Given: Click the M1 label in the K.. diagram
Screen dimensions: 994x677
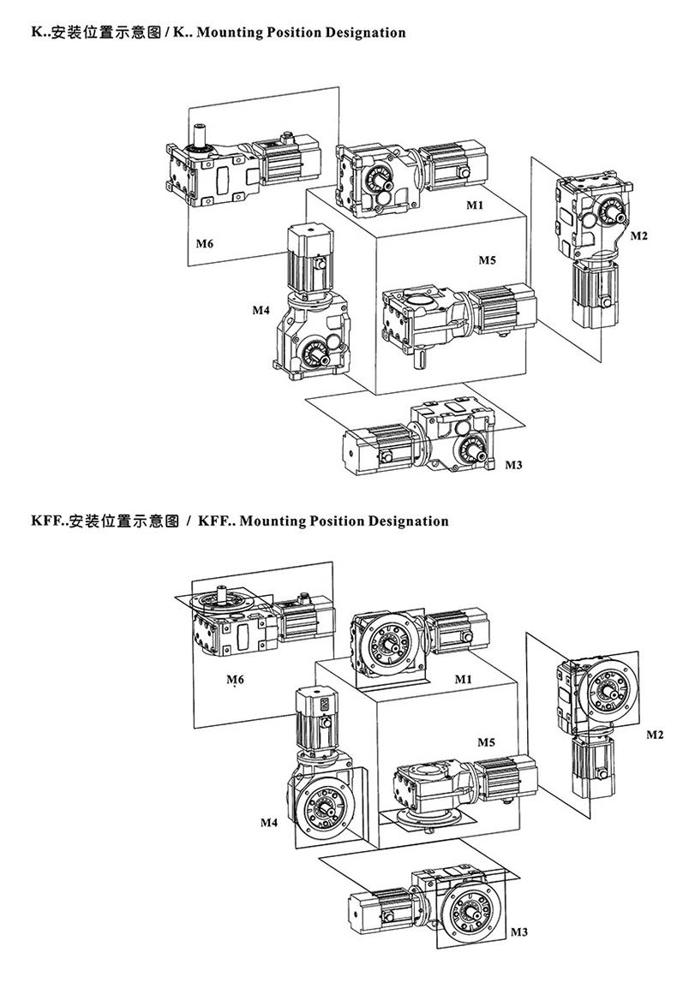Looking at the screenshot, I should tap(475, 205).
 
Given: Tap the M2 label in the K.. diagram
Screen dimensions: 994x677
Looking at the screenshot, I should tap(639, 235).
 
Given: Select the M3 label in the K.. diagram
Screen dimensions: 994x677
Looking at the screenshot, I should tap(513, 466).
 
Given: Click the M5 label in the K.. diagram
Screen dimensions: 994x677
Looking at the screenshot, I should tap(487, 259).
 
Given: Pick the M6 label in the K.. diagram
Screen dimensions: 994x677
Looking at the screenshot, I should tap(203, 244).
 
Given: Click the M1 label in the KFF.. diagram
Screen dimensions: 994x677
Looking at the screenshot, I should tap(464, 679).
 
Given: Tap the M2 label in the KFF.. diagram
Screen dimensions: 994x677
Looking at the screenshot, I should tap(655, 735).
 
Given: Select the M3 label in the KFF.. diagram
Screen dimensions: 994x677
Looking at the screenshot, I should tap(519, 931).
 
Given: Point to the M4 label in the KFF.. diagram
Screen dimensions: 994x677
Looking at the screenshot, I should tap(269, 823).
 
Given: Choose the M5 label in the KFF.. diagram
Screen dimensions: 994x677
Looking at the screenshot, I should tap(486, 742).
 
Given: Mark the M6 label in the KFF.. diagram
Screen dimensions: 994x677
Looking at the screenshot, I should tap(235, 680).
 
